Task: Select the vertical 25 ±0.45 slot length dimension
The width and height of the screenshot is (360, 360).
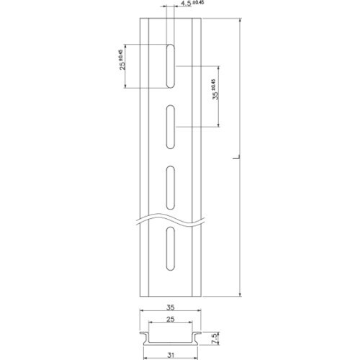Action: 123,66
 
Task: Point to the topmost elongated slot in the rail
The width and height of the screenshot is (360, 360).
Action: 170,67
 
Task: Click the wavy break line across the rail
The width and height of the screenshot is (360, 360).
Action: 170,217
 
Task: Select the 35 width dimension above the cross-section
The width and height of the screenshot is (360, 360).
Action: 170,306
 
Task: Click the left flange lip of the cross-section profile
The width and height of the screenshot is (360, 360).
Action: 141,333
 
